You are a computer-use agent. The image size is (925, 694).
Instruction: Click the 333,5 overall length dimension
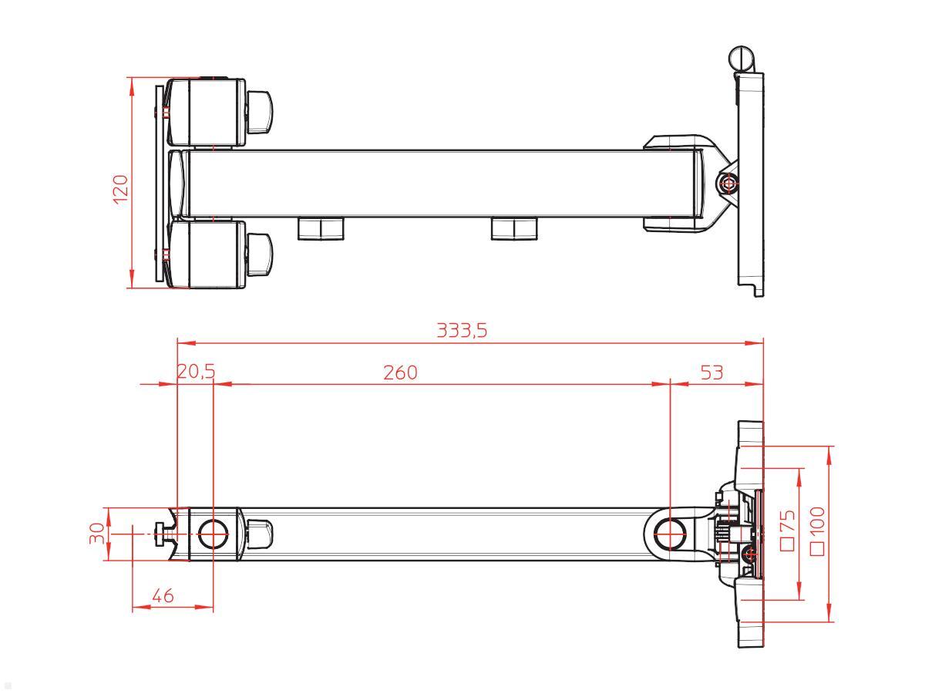click(462, 331)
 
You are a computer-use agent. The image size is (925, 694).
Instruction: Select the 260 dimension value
click(400, 373)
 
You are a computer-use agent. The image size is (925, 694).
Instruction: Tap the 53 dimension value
click(711, 373)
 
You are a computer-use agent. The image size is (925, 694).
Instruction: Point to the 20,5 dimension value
click(196, 373)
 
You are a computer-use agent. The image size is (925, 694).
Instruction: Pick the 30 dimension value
click(96, 534)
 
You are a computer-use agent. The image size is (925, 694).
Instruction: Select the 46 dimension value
click(163, 596)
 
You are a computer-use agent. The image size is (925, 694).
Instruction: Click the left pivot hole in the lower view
click(212, 534)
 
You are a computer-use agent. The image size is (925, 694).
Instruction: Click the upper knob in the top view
click(260, 110)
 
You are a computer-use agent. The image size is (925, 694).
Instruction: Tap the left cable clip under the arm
click(321, 228)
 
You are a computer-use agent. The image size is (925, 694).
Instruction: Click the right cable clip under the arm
click(514, 228)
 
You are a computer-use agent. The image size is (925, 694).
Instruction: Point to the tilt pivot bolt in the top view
click(725, 183)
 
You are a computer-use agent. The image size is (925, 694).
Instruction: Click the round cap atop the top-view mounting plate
click(739, 58)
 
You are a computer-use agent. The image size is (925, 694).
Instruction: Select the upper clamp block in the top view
click(207, 113)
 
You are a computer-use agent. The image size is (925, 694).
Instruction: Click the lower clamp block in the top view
click(207, 254)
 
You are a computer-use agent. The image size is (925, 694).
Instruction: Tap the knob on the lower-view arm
click(259, 533)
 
